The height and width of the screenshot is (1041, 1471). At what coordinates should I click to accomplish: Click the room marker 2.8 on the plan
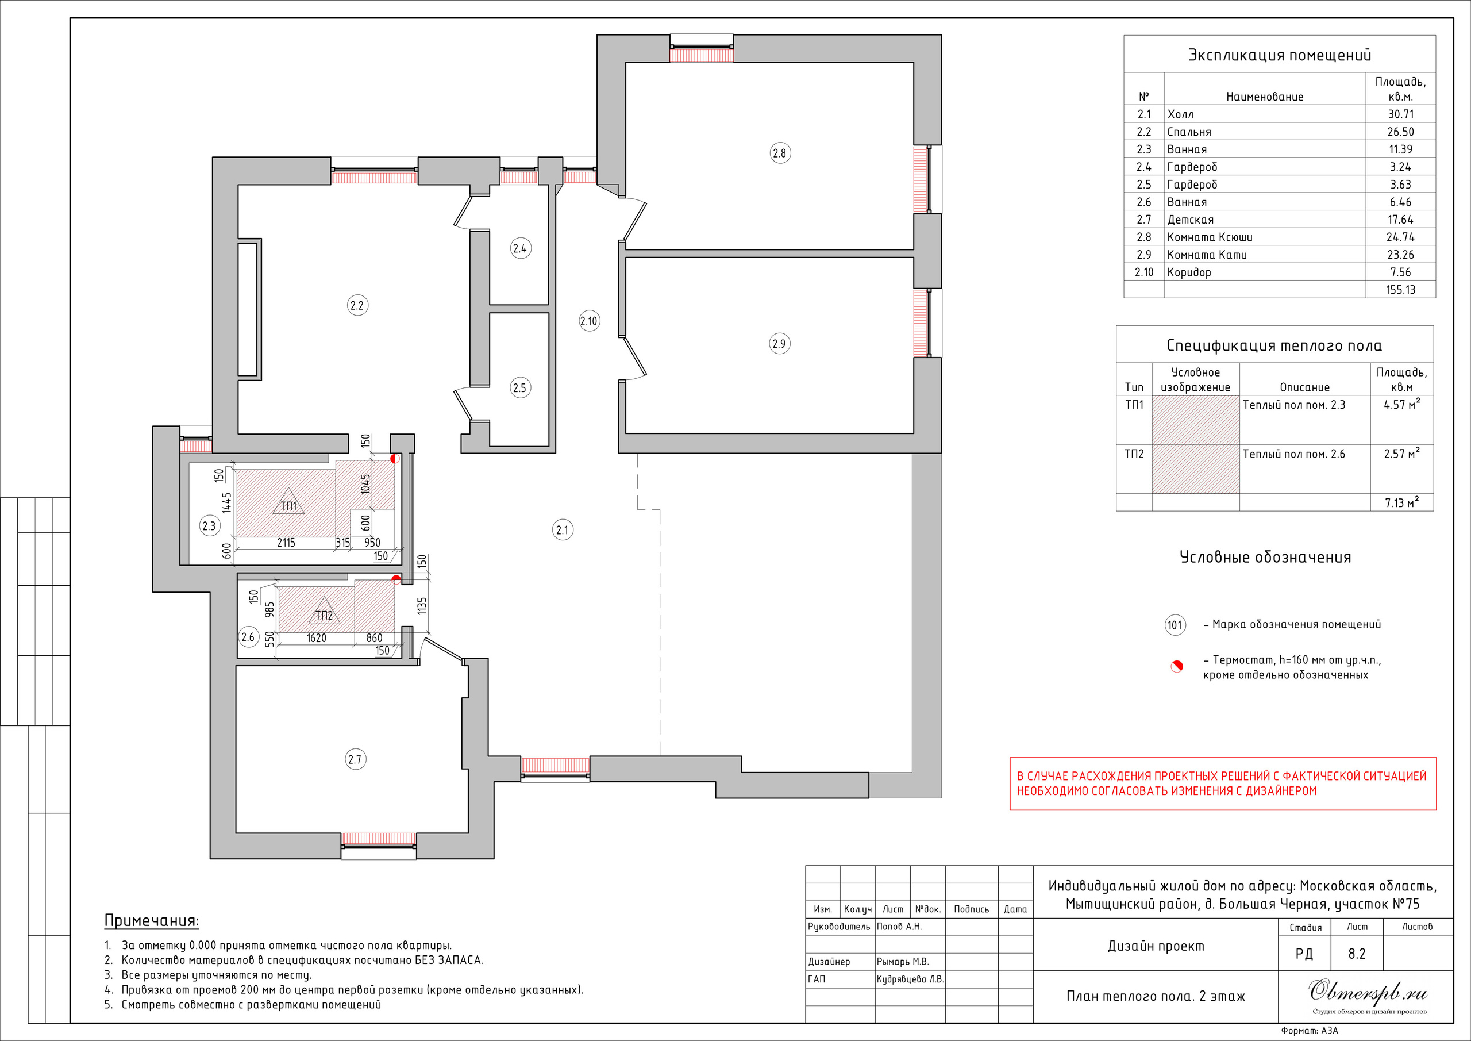coord(779,153)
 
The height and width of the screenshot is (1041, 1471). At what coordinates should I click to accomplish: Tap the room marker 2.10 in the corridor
coord(589,321)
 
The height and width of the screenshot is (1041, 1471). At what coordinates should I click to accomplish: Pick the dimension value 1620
coord(317,639)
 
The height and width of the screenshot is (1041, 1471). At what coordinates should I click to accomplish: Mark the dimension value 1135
coord(421,606)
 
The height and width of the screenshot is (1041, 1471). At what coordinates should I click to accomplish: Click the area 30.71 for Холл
coord(1400,114)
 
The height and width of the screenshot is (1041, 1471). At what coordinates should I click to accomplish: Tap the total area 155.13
coord(1400,290)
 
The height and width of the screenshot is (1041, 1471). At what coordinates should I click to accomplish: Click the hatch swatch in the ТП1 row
coord(1196,420)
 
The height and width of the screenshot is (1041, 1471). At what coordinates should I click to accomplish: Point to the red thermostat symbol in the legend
coord(1176,667)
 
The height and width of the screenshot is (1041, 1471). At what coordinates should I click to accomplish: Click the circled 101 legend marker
coord(1175,625)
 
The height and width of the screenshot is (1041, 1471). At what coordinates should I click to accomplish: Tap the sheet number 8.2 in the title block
coord(1357,954)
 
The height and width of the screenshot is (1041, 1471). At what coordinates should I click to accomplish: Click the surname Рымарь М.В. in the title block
coord(902,962)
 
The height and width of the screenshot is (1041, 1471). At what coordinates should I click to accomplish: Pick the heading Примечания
coord(151,921)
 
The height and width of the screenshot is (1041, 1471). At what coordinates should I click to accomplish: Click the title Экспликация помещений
coord(1280,55)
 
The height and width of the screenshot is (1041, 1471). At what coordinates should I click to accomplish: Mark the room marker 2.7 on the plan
coord(355,759)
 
